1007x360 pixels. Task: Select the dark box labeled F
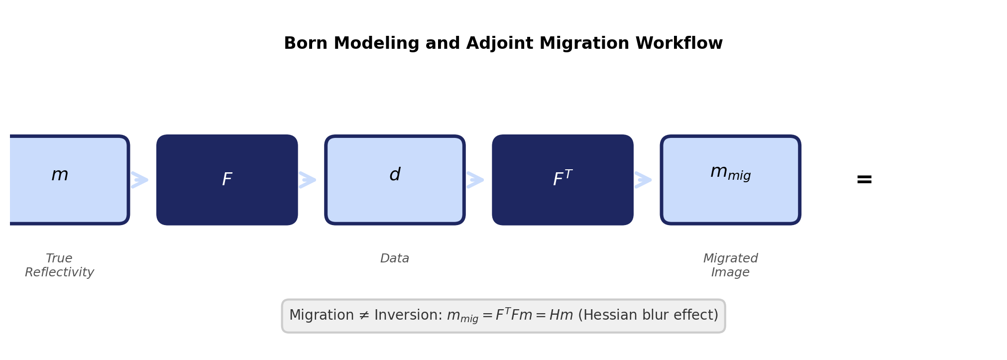point(227,180)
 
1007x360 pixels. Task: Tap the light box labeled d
point(395,180)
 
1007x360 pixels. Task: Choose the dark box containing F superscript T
point(562,180)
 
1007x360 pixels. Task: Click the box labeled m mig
point(730,180)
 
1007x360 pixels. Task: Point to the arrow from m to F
point(140,180)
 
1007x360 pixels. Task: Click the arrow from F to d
point(308,180)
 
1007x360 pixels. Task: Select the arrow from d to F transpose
point(475,180)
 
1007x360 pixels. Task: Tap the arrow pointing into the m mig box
point(643,180)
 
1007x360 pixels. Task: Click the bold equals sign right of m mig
point(864,180)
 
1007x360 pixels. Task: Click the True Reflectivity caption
point(59,265)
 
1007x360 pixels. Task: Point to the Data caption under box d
point(395,258)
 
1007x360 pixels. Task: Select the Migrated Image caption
point(730,265)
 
